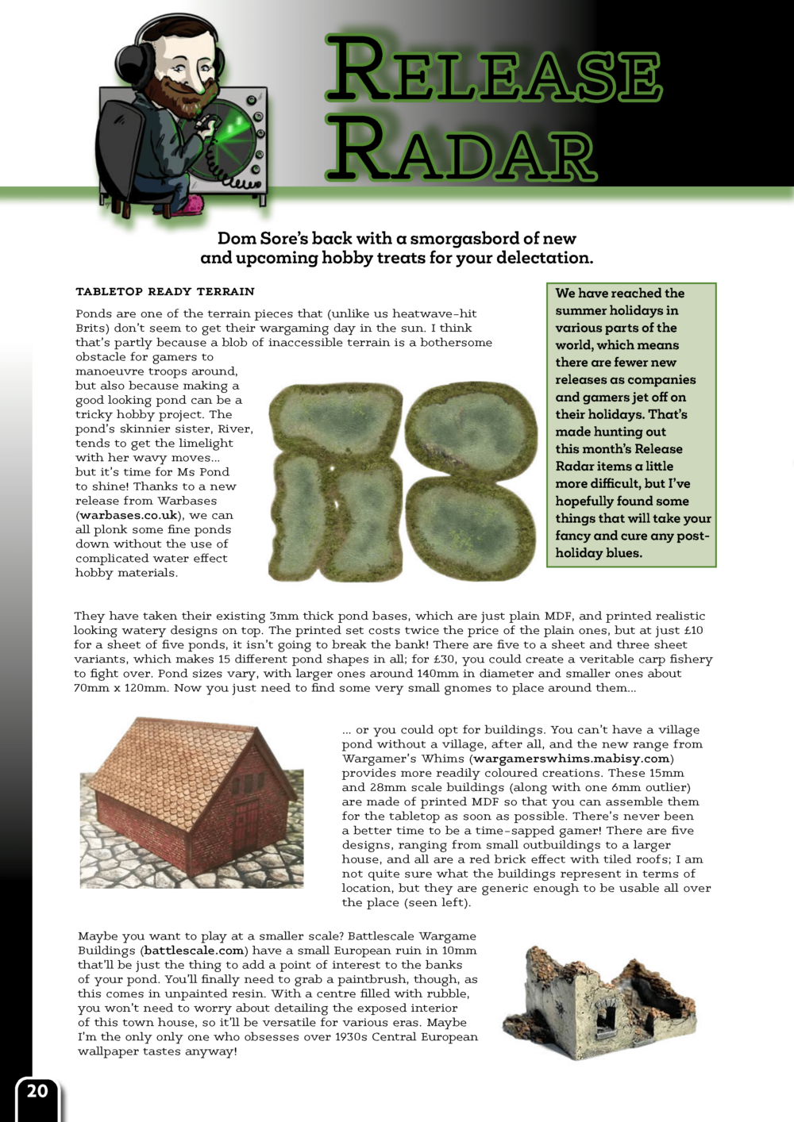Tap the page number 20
point(37,1091)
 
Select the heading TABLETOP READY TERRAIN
point(165,291)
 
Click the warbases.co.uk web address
point(129,515)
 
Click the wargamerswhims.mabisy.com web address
point(572,759)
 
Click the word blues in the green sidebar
point(622,553)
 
